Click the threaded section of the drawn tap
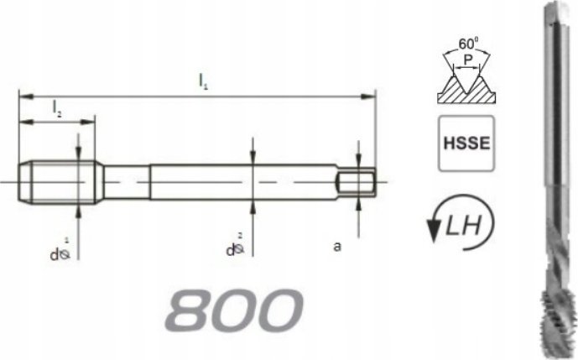click(59, 179)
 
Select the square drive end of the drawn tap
click(358, 180)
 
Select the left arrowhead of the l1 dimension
click(23, 96)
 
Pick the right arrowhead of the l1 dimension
click(371, 96)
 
